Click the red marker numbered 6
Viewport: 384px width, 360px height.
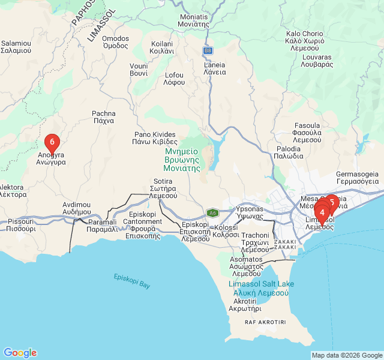(52, 142)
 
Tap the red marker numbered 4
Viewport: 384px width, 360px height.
(322, 212)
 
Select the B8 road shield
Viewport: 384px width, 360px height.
(208, 50)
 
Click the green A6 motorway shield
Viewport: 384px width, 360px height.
(212, 212)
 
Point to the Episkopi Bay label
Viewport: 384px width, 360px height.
(132, 281)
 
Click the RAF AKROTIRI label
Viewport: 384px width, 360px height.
(265, 322)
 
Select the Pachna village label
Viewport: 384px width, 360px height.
(103, 116)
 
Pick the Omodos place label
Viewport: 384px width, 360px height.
(115, 42)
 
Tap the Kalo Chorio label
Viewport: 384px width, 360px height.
(305, 38)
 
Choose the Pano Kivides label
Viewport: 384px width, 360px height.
(154, 138)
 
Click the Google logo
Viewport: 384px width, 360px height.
(20, 353)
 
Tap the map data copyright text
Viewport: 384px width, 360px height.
(346, 355)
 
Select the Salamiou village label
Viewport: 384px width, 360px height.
(16, 47)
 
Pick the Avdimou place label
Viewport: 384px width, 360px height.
(76, 208)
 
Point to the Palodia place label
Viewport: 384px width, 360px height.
(289, 152)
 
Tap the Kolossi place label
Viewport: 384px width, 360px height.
(226, 231)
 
